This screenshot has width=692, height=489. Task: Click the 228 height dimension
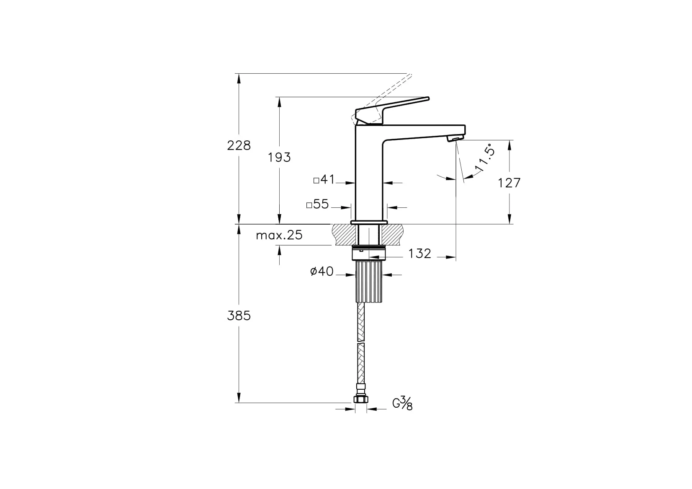239,145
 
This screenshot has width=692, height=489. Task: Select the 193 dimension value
279,158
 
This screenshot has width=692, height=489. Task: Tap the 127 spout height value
509,183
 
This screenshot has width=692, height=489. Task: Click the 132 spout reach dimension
419,254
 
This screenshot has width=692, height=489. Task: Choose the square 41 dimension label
324,180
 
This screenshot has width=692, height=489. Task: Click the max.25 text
279,235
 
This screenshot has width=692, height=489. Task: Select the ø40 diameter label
322,272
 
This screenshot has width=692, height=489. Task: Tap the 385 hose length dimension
239,316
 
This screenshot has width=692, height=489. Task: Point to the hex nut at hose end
360,399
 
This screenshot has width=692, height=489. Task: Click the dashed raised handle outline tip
410,76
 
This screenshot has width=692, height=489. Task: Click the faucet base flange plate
369,222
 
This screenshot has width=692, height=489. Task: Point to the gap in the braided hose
361,342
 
